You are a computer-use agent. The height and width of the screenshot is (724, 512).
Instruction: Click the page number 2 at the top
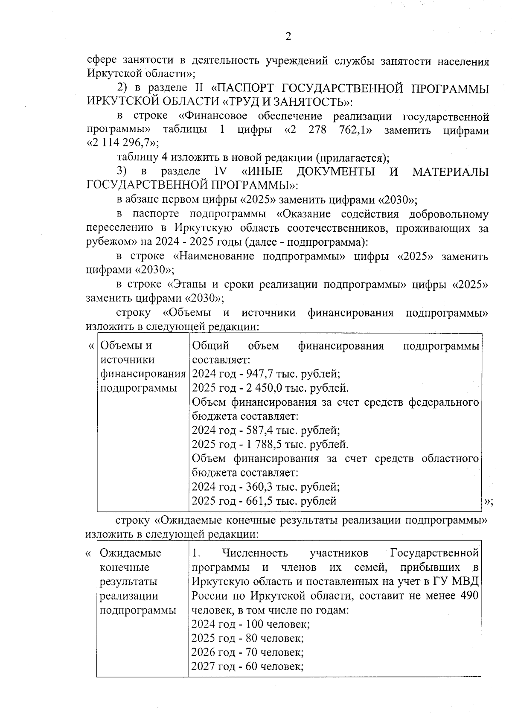tap(288, 37)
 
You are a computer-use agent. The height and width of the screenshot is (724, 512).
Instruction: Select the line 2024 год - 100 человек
tap(250, 624)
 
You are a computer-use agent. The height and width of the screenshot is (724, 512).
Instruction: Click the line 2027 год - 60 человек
tap(247, 666)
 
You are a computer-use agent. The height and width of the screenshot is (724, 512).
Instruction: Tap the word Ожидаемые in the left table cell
tap(130, 553)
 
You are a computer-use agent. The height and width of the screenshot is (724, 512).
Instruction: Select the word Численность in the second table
tap(255, 553)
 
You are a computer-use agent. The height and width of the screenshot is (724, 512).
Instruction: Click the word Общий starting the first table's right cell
tap(210, 346)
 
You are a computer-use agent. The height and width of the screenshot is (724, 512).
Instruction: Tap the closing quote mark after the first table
tap(489, 502)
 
